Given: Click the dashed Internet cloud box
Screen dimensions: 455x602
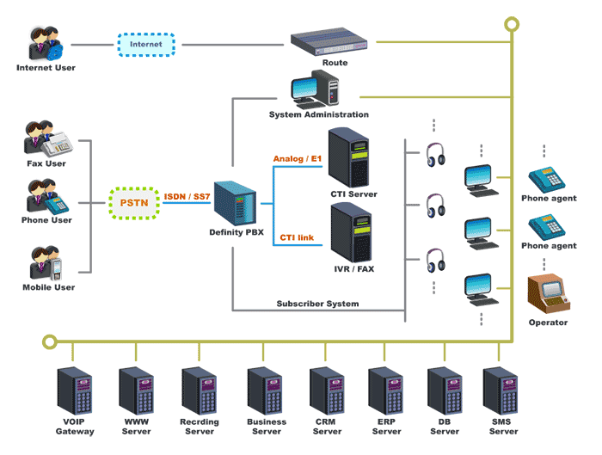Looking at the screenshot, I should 145,43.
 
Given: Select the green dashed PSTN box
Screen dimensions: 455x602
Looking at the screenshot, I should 135,203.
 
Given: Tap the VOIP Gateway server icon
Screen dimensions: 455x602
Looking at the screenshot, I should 75,391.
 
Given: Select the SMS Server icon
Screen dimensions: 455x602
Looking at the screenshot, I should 501,392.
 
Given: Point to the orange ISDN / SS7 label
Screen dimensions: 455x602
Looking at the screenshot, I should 187,197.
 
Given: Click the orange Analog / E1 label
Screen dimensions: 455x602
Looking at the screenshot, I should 297,158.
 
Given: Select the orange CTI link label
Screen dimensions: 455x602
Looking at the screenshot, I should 296,237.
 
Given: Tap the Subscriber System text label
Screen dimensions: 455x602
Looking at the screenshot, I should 317,303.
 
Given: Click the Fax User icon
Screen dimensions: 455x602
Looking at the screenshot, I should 47,140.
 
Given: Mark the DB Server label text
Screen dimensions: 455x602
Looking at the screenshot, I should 444,427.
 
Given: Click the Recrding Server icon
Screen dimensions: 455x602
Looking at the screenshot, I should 200,392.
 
